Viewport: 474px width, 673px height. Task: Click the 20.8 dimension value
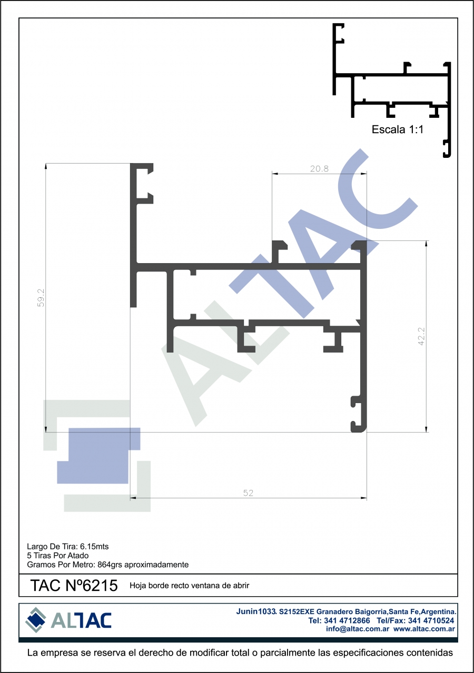pyautogui.click(x=319, y=169)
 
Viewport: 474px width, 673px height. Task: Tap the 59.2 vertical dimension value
pyautogui.click(x=41, y=298)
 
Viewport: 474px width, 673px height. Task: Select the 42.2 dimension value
pyautogui.click(x=421, y=336)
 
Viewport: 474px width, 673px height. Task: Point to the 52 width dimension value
pyautogui.click(x=248, y=493)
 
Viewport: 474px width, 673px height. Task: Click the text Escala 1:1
pyautogui.click(x=397, y=129)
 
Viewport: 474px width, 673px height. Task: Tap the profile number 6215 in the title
pyautogui.click(x=100, y=586)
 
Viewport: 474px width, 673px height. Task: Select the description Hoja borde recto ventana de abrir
pyautogui.click(x=190, y=586)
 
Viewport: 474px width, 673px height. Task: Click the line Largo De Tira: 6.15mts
pyautogui.click(x=67, y=547)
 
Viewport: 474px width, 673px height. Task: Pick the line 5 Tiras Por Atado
pyautogui.click(x=58, y=556)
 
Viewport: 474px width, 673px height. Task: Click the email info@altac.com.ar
pyautogui.click(x=358, y=629)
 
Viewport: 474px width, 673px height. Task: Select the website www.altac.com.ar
pyautogui.click(x=424, y=629)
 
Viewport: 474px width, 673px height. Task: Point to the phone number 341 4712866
pyautogui.click(x=347, y=620)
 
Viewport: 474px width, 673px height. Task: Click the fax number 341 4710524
pyautogui.click(x=431, y=620)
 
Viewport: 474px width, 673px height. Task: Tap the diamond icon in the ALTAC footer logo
pyautogui.click(x=36, y=620)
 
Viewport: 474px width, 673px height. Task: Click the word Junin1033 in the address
pyautogui.click(x=256, y=611)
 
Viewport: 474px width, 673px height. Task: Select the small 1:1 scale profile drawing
pyautogui.click(x=392, y=90)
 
